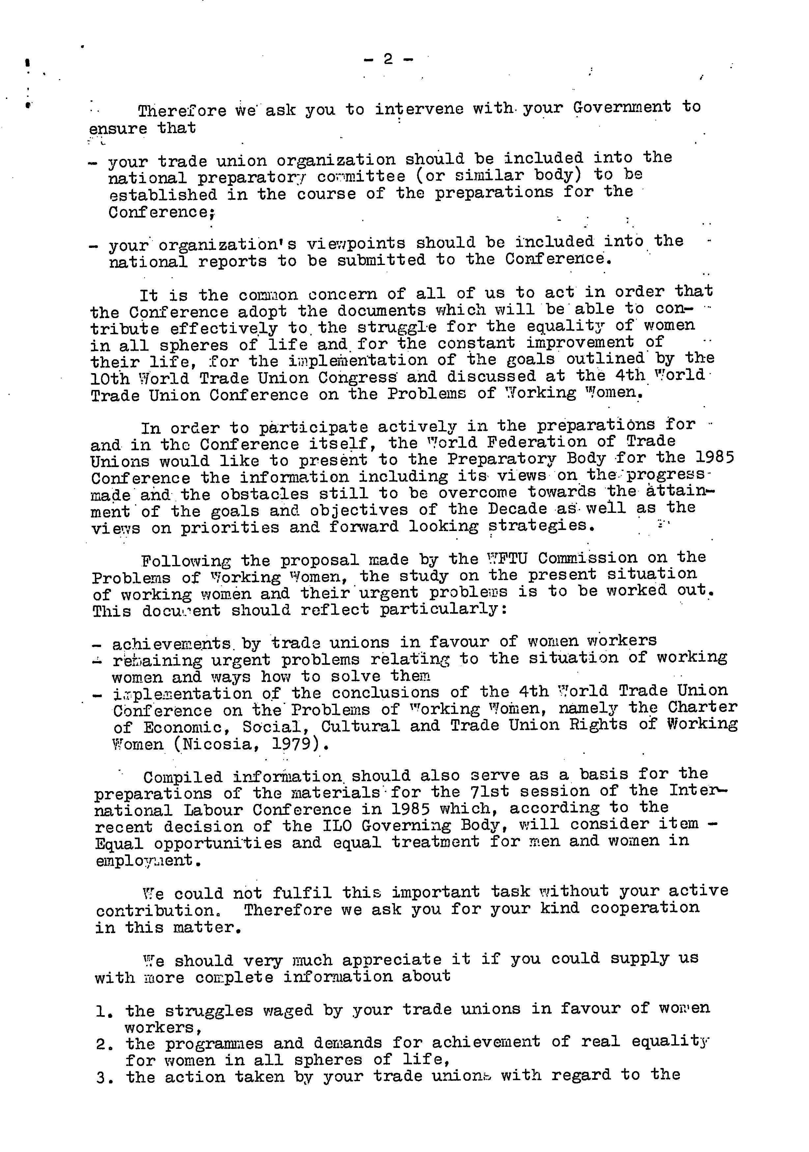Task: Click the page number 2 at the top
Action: [388, 59]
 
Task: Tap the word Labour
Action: [212, 809]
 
